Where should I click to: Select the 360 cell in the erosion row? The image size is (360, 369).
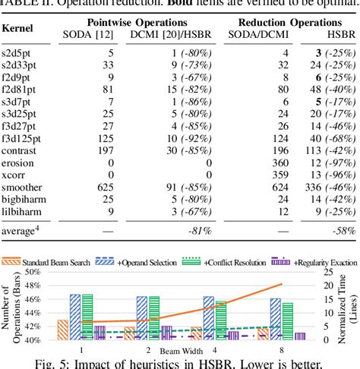[259, 162]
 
